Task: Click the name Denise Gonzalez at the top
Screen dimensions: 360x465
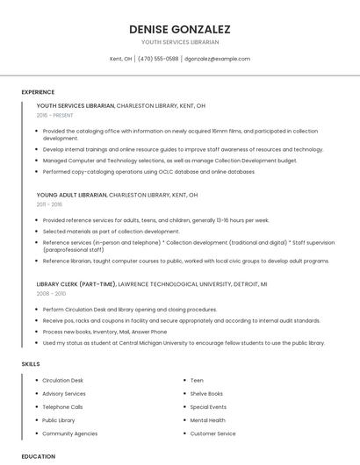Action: [x=180, y=28]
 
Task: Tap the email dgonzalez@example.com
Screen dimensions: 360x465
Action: [x=218, y=59]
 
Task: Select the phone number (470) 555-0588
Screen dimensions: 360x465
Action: [x=158, y=59]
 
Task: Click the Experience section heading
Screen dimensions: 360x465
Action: [x=38, y=91]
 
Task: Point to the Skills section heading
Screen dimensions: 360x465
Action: [x=31, y=363]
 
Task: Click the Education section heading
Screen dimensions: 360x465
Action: [x=39, y=456]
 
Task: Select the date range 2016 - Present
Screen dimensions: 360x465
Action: [x=55, y=115]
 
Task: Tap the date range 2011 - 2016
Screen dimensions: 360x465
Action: [x=50, y=204]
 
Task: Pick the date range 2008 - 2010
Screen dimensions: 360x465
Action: [x=51, y=294]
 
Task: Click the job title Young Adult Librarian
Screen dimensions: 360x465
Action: [x=71, y=195]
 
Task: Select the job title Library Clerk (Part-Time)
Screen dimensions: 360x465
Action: [x=76, y=284]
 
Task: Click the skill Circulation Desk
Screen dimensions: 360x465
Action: [x=63, y=381]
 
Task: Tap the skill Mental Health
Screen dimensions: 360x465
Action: [x=207, y=420]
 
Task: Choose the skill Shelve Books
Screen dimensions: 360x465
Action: [x=206, y=394]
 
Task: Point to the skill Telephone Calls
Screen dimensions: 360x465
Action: [x=62, y=407]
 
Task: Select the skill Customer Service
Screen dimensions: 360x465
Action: [x=212, y=433]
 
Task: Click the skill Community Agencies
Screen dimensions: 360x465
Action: [x=70, y=433]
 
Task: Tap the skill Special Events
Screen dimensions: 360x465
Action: [x=208, y=407]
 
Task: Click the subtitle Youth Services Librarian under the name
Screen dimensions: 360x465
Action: [x=180, y=41]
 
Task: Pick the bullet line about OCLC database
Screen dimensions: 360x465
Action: [x=149, y=172]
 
